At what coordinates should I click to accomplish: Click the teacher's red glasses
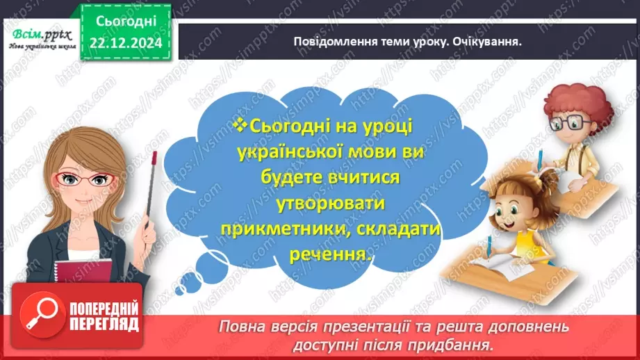[83, 179]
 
